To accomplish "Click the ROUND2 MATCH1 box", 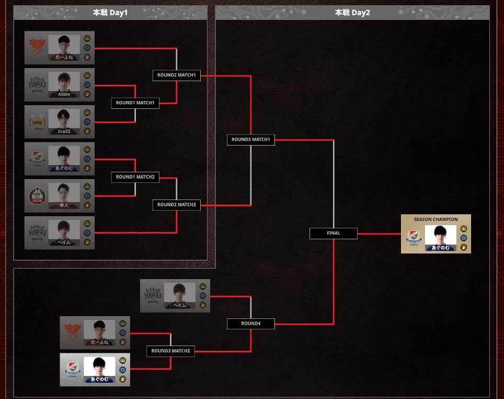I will [176, 75].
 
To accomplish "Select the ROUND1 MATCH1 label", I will [135, 103].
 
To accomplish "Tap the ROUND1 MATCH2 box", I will [135, 177].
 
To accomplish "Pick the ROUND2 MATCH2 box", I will [176, 205].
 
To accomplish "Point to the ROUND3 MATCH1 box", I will [250, 140].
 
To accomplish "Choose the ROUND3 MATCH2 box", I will [170, 351].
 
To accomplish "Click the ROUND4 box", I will [250, 324].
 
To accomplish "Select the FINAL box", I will [334, 233].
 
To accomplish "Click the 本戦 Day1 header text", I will [110, 13].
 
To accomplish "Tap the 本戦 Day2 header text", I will [352, 13].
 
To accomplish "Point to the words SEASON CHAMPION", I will [436, 219].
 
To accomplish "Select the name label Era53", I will [64, 131].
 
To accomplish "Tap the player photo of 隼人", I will [64, 193].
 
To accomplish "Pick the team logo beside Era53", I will [37, 122].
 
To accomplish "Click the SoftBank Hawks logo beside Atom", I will [37, 84].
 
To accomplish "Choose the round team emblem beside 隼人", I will [37, 196].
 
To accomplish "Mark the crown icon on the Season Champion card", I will [463, 229].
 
